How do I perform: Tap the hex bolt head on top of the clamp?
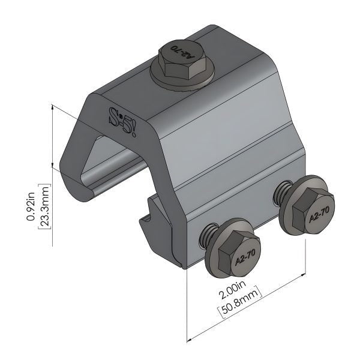(x=179, y=59)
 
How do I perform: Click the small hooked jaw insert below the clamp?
(x=154, y=223)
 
